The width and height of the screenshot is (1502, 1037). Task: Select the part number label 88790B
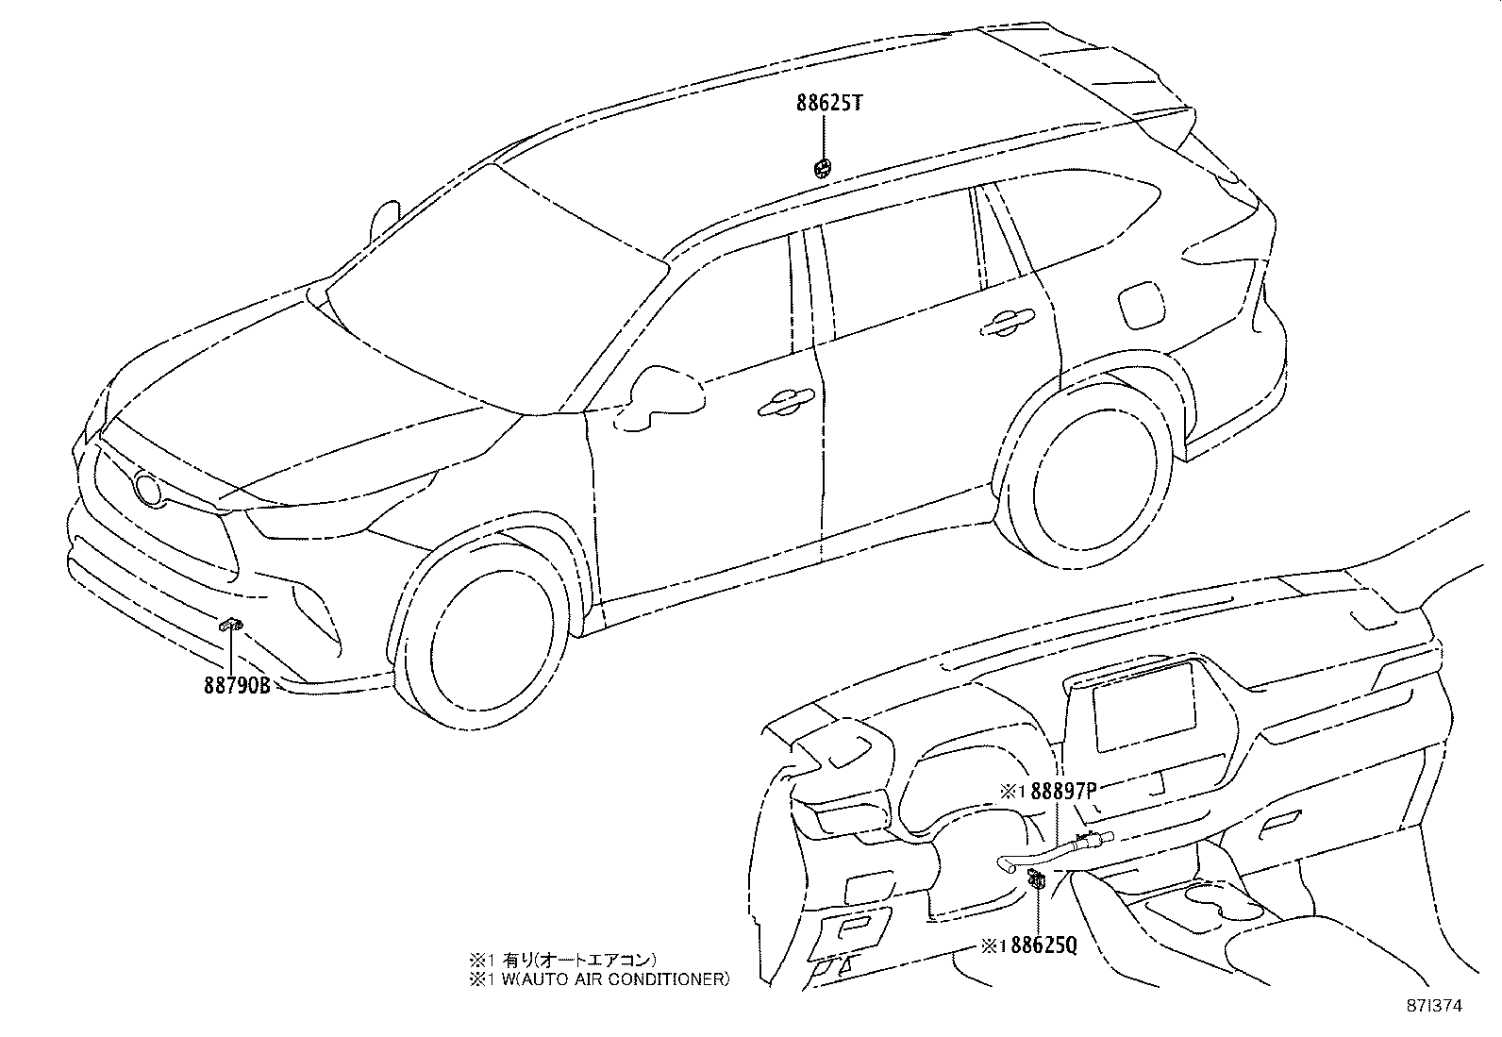[238, 686]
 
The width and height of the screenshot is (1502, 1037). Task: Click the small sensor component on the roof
[822, 169]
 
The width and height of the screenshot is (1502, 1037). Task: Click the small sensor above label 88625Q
[1037, 880]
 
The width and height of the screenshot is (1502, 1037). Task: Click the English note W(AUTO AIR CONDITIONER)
[600, 979]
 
